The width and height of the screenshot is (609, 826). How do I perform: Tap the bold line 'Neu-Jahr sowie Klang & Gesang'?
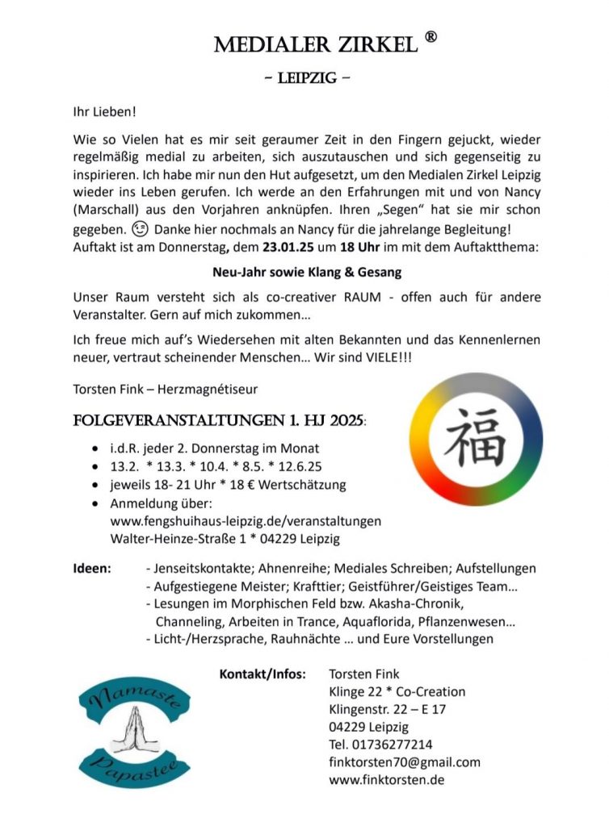(307, 272)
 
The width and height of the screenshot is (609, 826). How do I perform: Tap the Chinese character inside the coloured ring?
(475, 439)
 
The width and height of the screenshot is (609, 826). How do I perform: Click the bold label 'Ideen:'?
(92, 569)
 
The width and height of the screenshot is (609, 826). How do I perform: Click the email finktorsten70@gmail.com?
(404, 762)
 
